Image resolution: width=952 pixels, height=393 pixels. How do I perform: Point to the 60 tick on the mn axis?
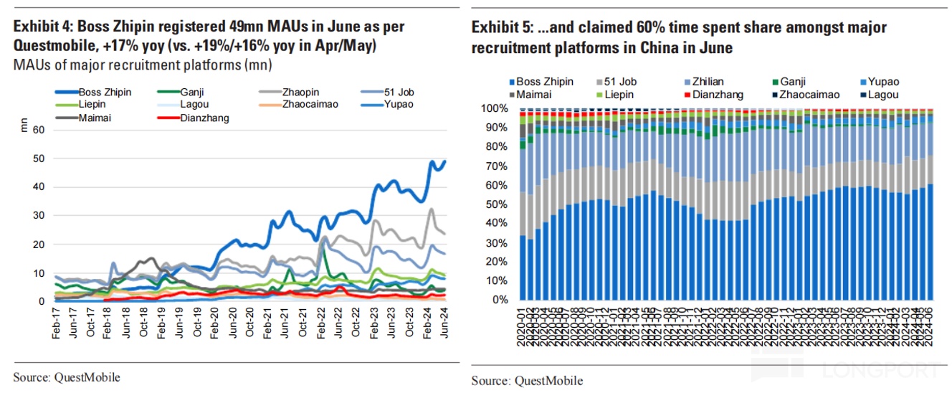click(39, 130)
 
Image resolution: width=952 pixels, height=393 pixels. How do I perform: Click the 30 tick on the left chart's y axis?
click(39, 216)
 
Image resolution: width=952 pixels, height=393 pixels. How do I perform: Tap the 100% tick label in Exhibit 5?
click(495, 109)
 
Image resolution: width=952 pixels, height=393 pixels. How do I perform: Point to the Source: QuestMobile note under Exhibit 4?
click(67, 377)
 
